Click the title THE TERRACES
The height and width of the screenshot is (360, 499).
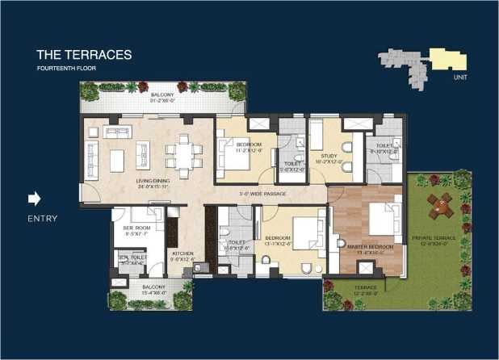click(83, 55)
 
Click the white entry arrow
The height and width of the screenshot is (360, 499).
click(35, 199)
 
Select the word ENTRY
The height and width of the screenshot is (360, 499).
click(41, 218)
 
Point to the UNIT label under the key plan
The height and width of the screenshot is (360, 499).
click(461, 77)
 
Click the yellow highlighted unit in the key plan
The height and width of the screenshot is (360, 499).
click(447, 58)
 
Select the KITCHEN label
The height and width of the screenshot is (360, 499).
click(182, 255)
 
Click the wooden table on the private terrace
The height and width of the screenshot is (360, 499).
click(441, 206)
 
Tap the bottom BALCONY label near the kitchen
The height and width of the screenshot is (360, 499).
click(153, 288)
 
